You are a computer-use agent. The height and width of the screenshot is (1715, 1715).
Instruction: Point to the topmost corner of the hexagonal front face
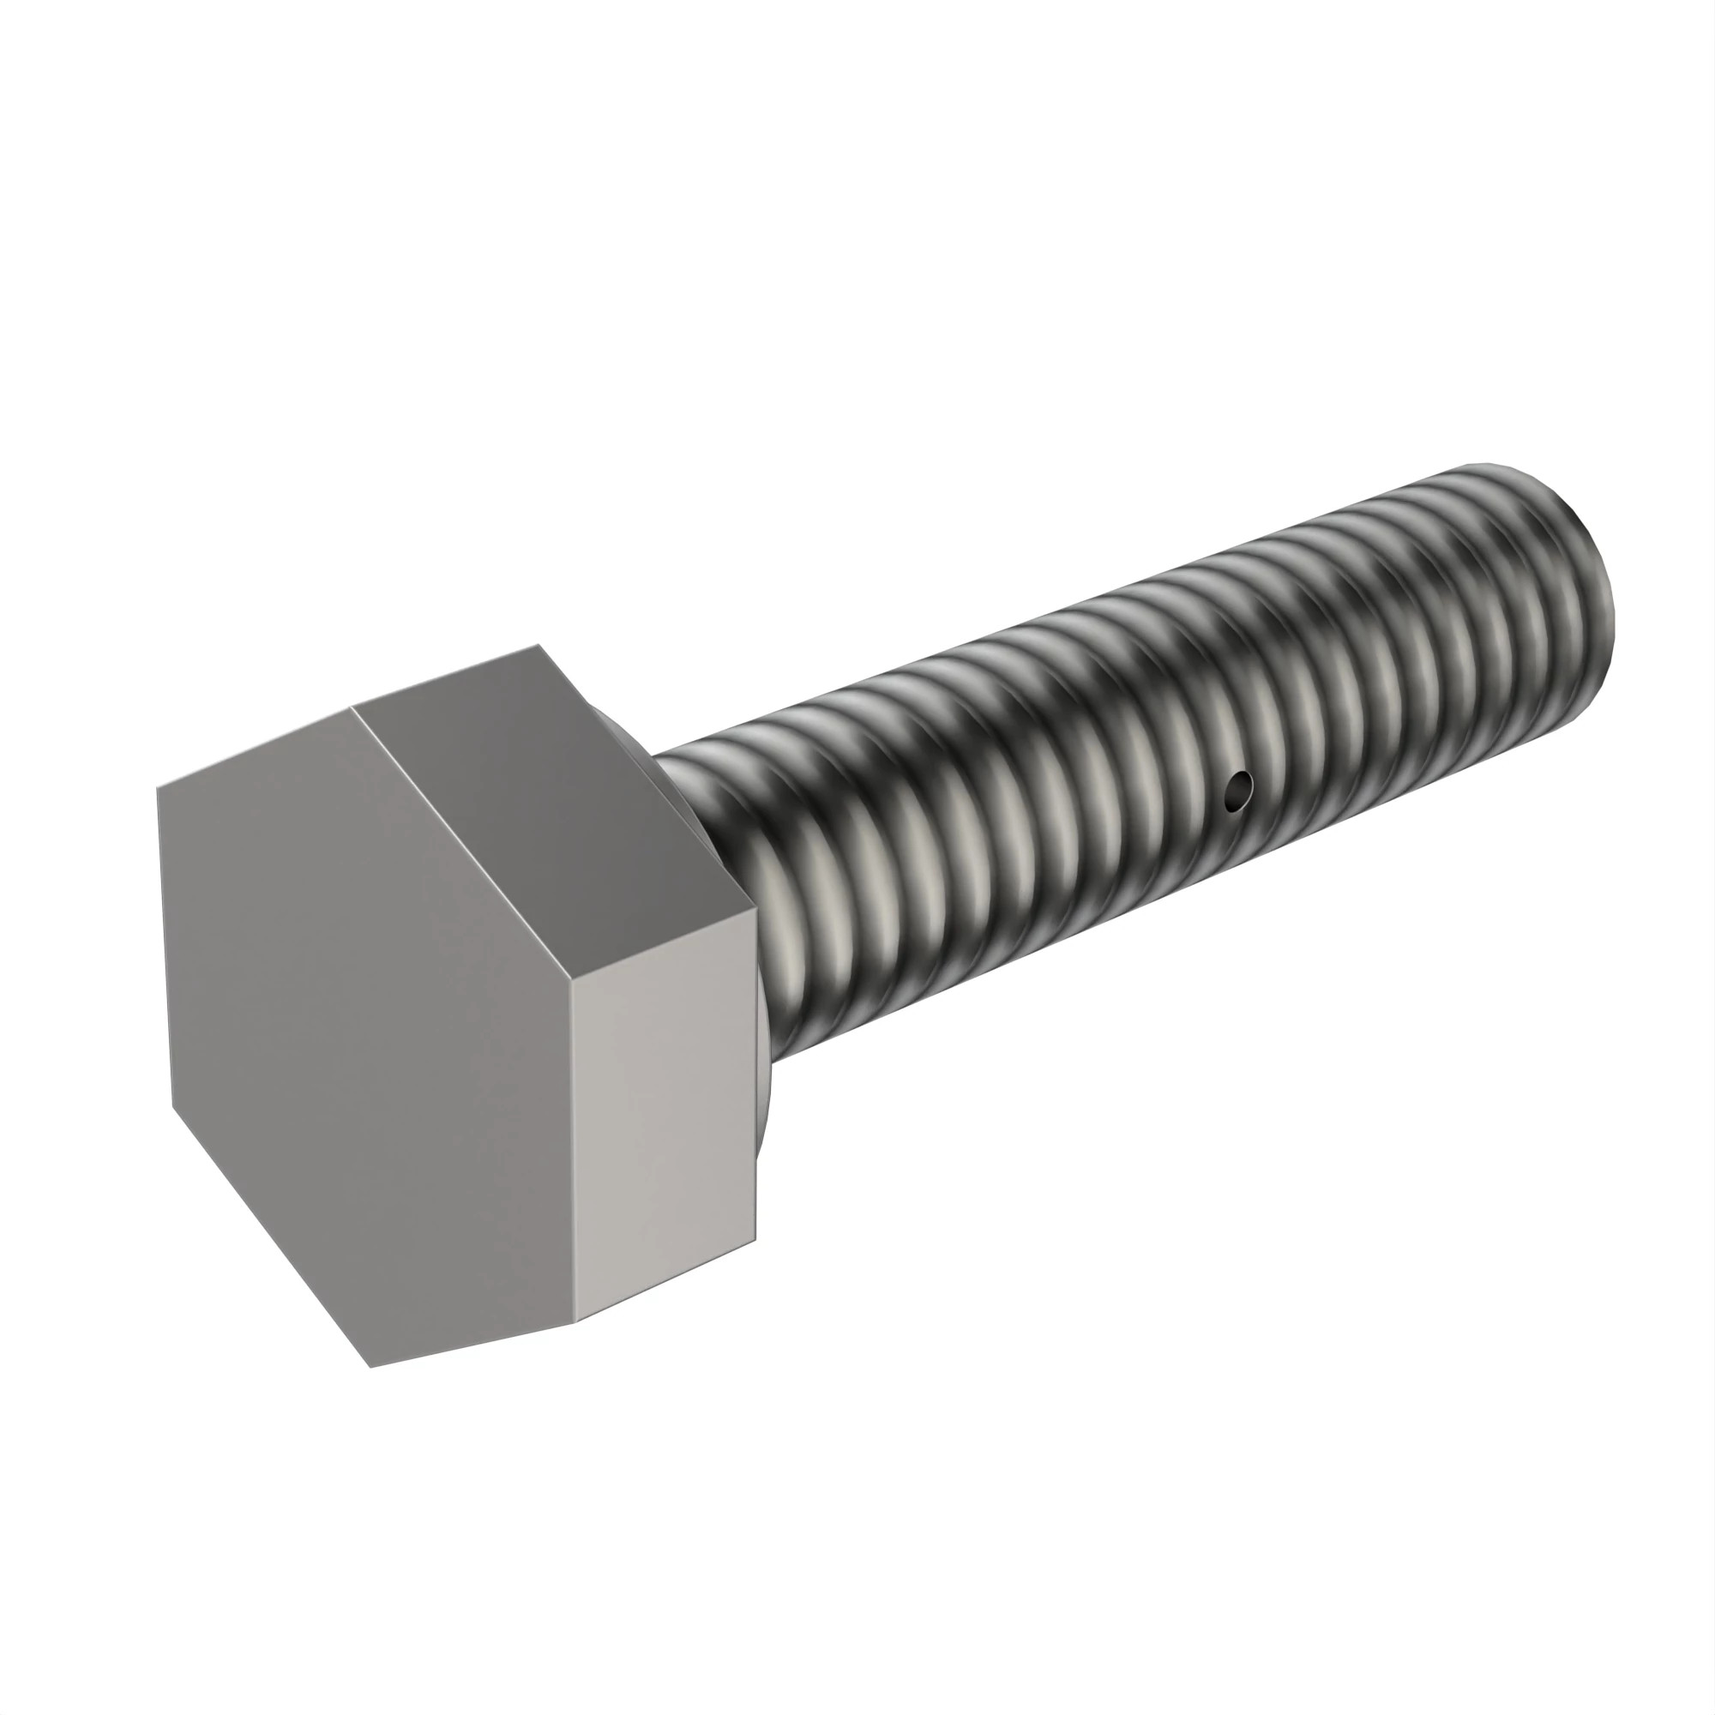(352, 707)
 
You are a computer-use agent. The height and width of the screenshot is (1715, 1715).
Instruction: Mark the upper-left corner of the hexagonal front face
(157, 787)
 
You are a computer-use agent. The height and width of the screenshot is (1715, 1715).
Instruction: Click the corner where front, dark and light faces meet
(571, 982)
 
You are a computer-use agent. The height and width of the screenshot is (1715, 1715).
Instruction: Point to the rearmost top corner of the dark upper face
(539, 645)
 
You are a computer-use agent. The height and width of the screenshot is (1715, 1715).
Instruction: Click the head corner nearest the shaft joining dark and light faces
(755, 907)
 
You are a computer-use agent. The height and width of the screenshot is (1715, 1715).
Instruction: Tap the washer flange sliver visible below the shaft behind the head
(765, 1110)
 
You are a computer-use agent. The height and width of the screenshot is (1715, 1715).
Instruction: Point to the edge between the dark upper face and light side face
(663, 944)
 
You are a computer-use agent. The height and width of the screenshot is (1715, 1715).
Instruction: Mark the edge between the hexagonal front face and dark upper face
(461, 843)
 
